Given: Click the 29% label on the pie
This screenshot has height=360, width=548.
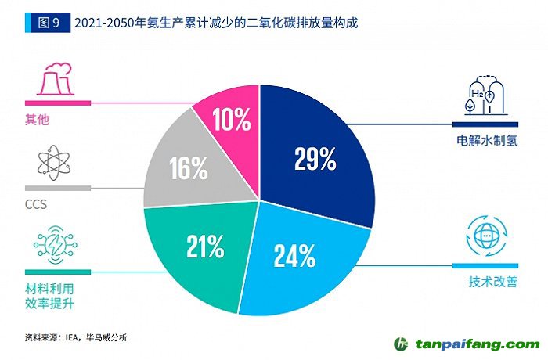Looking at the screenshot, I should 315,159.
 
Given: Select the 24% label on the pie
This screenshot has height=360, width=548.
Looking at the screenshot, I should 294,255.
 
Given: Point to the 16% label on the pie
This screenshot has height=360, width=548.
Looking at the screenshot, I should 188,167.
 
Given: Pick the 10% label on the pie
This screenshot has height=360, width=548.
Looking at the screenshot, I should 232,119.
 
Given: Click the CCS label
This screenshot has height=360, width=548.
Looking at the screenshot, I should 38,206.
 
